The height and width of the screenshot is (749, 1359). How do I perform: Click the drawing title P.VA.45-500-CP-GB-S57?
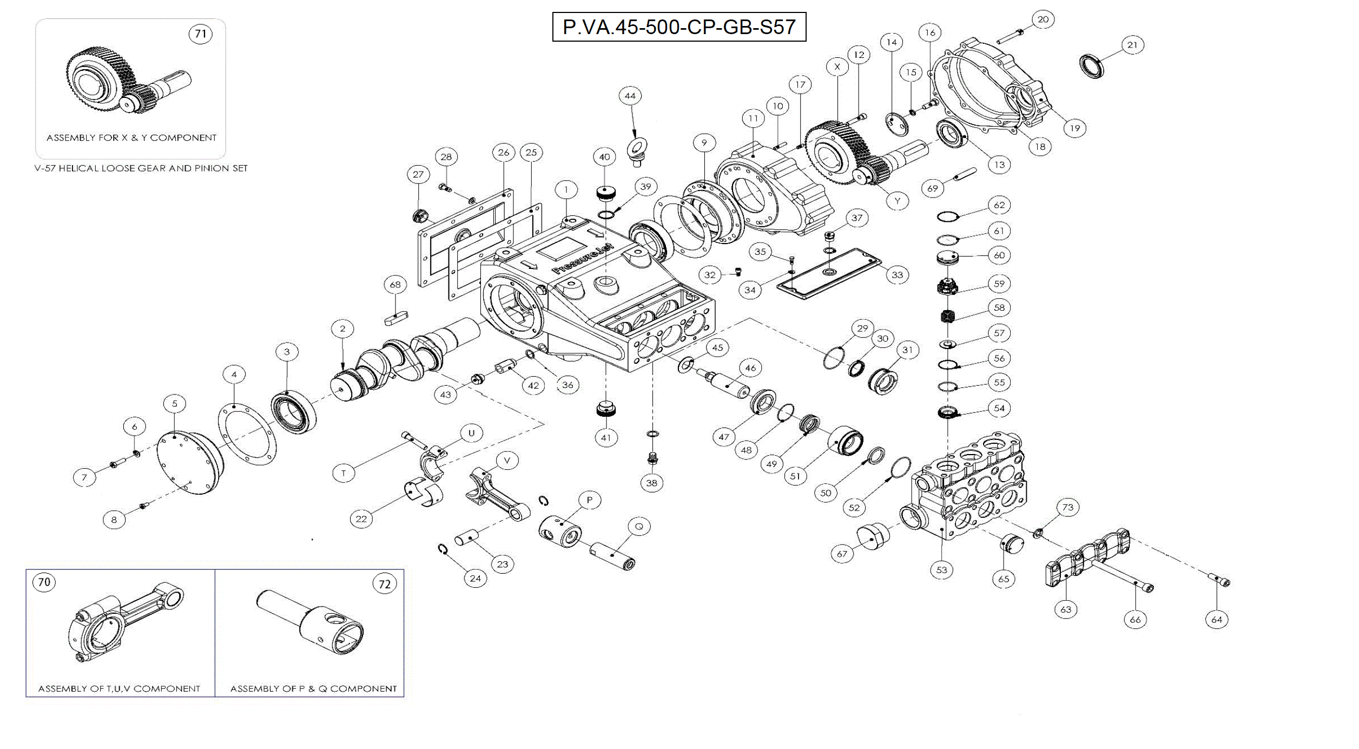679,27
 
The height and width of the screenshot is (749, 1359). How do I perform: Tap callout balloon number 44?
630,96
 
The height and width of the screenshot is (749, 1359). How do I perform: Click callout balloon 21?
1132,45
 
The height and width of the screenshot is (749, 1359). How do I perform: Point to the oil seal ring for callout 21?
1092,66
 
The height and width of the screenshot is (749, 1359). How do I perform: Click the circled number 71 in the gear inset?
201,34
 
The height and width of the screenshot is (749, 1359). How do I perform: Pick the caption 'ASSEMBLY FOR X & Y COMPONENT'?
131,138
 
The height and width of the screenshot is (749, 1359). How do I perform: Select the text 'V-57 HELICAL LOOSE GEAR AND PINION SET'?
141,168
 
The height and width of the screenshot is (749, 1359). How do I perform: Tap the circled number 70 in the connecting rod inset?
44,582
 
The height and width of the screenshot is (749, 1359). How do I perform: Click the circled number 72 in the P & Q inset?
384,584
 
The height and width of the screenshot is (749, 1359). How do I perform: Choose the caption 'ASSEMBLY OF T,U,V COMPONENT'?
119,689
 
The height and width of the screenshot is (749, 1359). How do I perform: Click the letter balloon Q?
639,527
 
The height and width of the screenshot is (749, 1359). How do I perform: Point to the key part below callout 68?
396,319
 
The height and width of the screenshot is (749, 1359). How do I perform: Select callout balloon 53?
942,570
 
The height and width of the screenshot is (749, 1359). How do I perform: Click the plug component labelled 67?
873,536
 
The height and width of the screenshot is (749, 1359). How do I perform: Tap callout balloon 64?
1217,620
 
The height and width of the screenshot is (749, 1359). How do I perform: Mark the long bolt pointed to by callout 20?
1010,36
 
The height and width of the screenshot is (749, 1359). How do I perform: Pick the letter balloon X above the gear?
837,67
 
